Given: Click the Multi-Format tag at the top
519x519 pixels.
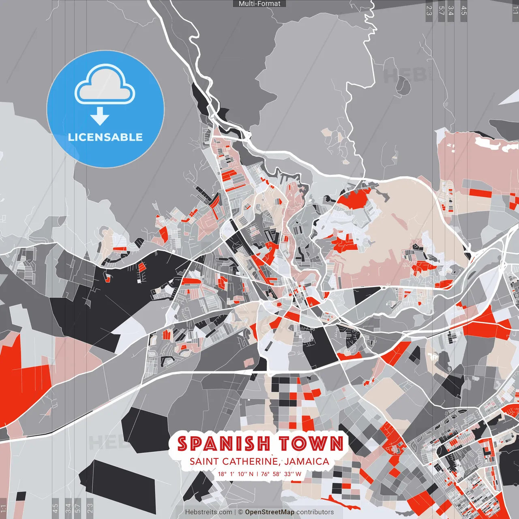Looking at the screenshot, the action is pos(259,4).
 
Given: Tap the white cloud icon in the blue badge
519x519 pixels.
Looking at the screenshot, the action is pos(105,85).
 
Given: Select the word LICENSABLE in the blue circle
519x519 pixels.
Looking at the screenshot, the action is pos(105,137).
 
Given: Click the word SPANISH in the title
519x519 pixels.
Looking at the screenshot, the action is pos(224,444).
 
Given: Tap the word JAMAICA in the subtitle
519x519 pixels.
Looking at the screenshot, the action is pos(307,461).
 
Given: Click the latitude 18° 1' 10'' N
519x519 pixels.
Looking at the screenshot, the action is pos(236,474).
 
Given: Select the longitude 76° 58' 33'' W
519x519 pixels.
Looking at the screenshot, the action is pos(281,474).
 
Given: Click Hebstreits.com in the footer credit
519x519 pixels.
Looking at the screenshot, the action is pos(208,512).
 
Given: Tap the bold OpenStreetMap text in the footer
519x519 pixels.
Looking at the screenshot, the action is pos(270,512).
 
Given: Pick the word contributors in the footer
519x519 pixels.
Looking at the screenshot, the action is pos(315,512).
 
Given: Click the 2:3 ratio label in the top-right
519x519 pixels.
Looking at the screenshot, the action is pos(429,10).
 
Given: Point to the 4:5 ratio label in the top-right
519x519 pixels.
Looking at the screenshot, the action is pos(464,10).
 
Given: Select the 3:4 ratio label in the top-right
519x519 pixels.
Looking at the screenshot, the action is pos(451,10).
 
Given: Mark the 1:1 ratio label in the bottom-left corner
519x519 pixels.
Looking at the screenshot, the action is pos(3,508).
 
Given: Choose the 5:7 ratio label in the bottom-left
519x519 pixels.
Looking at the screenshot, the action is pos(77,508).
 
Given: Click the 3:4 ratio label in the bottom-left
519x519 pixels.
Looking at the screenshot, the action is pos(68,508).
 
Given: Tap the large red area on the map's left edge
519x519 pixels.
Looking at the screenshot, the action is pos(20,377).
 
